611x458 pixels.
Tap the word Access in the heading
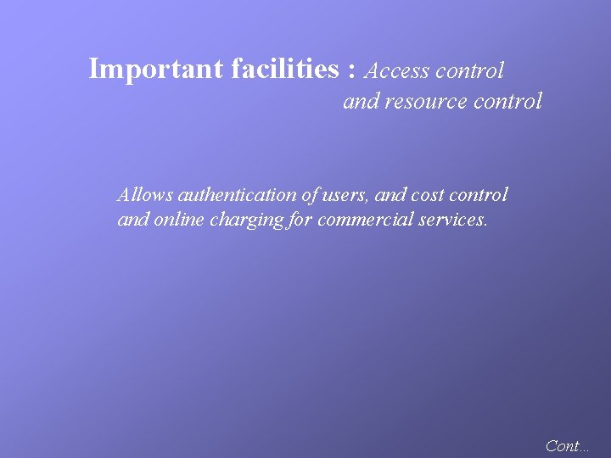tap(396, 70)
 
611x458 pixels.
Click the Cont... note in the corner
tap(567, 445)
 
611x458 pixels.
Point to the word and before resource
tap(361, 102)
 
